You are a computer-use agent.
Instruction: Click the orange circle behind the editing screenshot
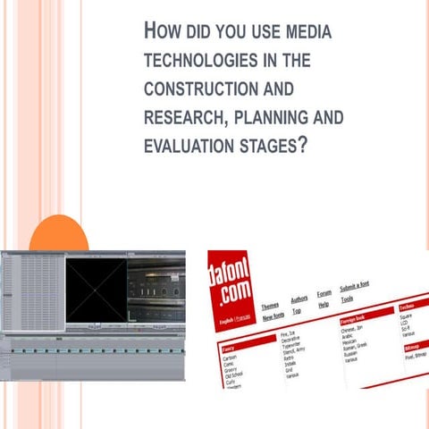58,234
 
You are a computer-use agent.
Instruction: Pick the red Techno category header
409,306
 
